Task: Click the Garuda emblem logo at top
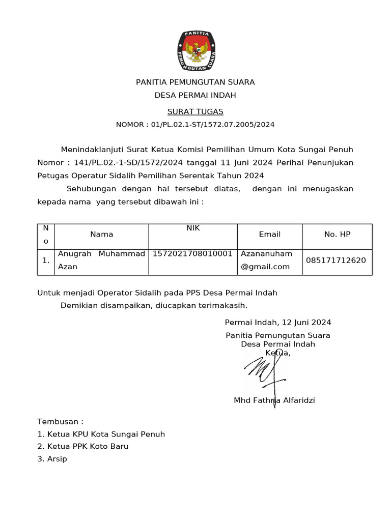coord(195,50)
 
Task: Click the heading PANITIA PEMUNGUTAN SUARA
coord(195,82)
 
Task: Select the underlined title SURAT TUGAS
coord(195,111)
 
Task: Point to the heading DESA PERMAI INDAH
coord(195,95)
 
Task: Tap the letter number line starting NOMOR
coord(195,124)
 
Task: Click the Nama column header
coord(102,234)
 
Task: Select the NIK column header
coord(193,228)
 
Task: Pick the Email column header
coord(270,234)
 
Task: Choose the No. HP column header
coord(337,234)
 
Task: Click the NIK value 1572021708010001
coord(193,253)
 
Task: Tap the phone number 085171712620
coord(336,260)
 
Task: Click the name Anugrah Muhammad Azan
coord(101,260)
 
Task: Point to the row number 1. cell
coord(46,260)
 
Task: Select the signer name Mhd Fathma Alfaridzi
coord(274,400)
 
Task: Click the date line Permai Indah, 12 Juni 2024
coord(278,322)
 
